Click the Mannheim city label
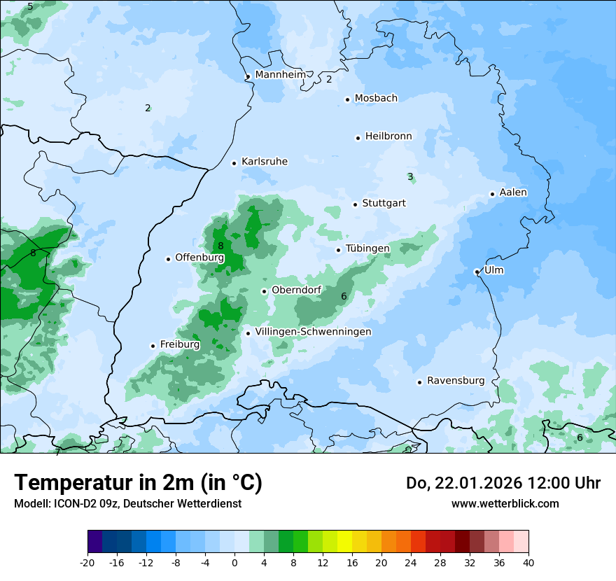pos(281,74)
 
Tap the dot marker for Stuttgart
pos(355,204)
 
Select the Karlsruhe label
pos(265,162)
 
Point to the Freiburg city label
pos(180,344)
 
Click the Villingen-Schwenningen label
pos(313,332)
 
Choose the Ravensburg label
pos(456,381)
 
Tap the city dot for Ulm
pos(477,272)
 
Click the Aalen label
pos(513,192)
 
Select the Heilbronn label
pos(388,136)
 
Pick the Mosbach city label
pos(376,99)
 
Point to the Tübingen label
pos(367,249)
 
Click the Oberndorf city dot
pos(264,291)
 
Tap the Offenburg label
pos(199,258)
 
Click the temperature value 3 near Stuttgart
pos(410,177)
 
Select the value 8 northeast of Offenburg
pos(220,246)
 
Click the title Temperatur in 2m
pos(138,482)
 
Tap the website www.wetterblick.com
pos(505,503)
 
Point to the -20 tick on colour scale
pos(87,562)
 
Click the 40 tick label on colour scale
pos(528,562)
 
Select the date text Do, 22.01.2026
pos(463,483)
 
